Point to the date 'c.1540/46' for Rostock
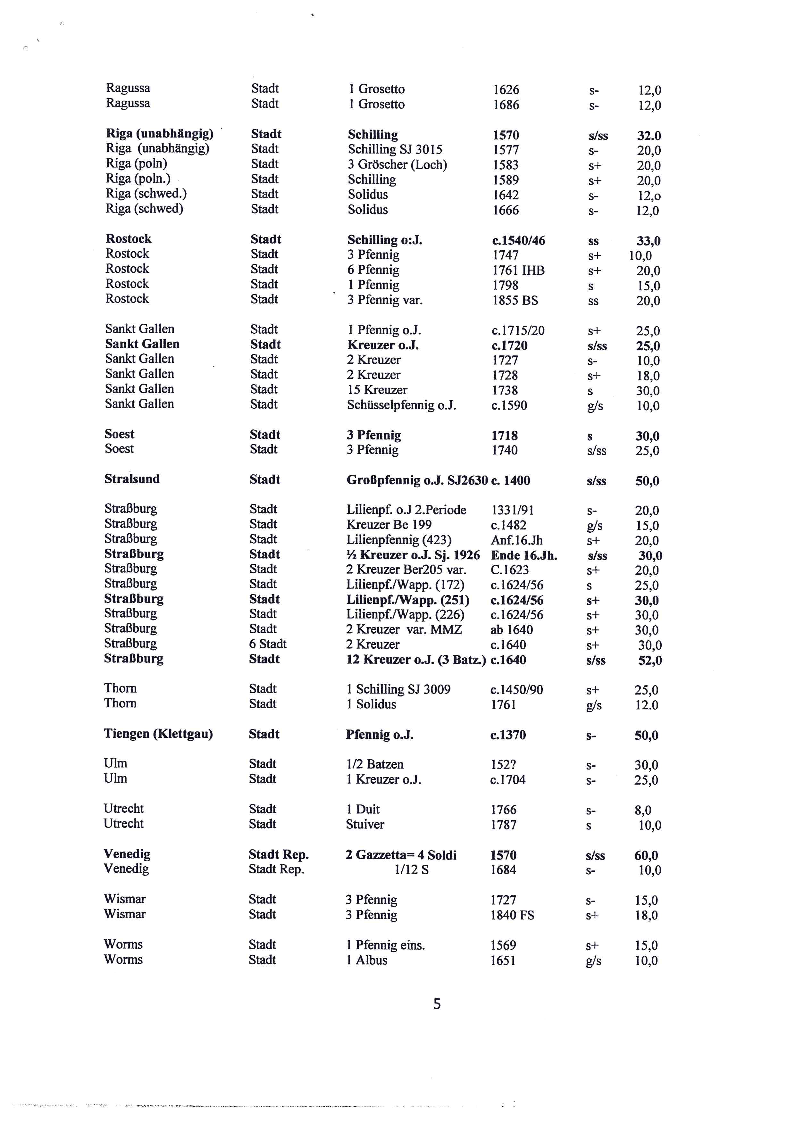[518, 240]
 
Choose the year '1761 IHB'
[518, 270]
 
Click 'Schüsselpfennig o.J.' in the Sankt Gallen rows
[401, 405]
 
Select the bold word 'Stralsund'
[132, 479]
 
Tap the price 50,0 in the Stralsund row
[647, 481]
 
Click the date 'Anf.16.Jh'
[516, 540]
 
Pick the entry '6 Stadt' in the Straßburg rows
[267, 644]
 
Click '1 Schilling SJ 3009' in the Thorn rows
[398, 689]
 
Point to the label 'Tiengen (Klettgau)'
[158, 734]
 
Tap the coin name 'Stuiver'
[365, 824]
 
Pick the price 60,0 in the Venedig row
[646, 855]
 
